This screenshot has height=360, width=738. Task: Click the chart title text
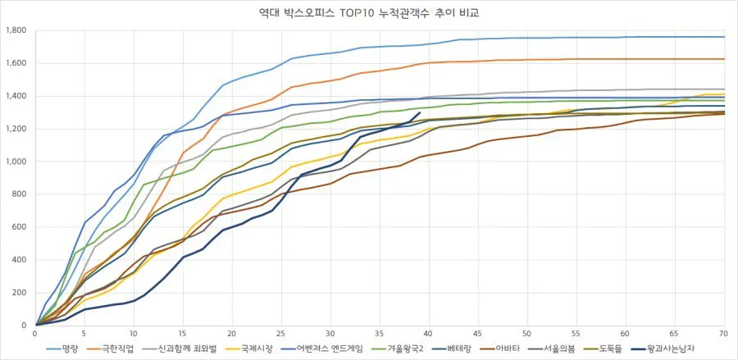[369, 14]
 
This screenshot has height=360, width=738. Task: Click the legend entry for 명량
[69, 348]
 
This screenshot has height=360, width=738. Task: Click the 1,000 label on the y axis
[16, 162]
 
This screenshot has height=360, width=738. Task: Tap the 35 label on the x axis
[380, 334]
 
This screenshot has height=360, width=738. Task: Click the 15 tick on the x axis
[183, 334]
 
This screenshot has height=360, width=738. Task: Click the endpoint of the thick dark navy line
[420, 113]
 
